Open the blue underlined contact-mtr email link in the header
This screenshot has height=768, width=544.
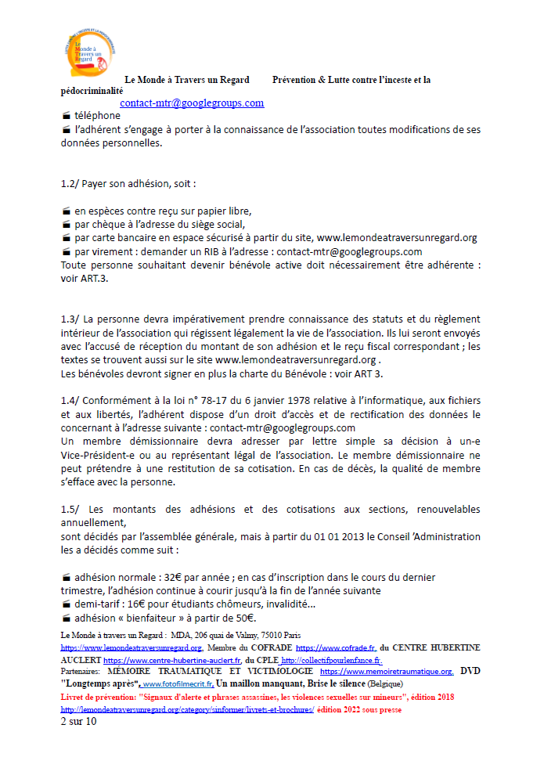192,103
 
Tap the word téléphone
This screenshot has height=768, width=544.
98,116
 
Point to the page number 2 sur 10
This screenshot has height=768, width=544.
78,722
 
